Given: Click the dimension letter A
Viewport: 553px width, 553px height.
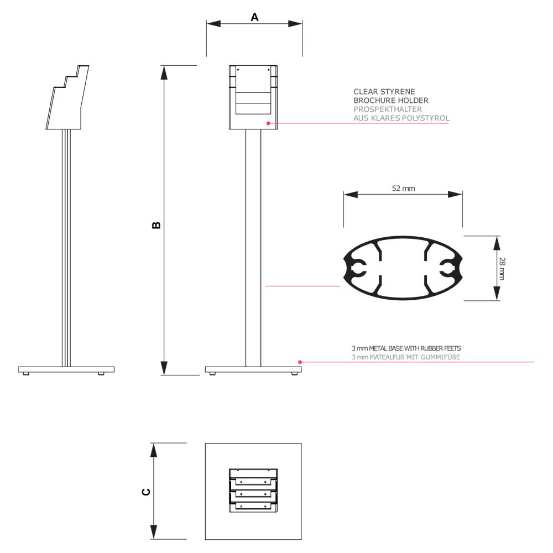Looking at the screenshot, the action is (254, 17).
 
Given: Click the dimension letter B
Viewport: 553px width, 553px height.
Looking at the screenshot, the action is (156, 225).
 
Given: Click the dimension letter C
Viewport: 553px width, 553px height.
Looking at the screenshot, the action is (145, 492).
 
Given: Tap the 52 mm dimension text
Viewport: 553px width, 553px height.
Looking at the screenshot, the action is (404, 189).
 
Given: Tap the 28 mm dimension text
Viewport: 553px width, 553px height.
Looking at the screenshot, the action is (502, 268).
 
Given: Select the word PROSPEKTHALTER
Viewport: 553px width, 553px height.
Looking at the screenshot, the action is (388, 109).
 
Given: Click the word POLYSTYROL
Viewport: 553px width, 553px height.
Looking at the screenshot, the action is (426, 118).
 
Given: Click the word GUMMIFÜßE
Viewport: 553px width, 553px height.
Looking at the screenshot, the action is (440, 357).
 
